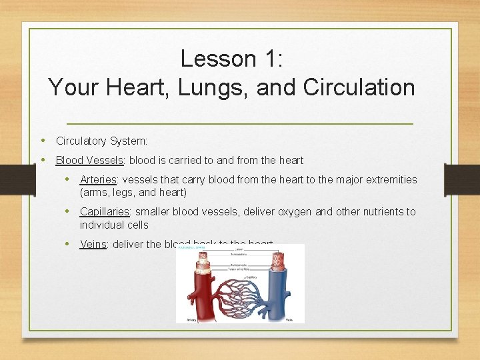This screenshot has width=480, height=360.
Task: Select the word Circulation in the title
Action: click(358, 87)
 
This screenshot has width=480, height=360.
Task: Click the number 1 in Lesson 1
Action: click(274, 59)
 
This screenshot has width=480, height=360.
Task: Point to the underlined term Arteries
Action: click(98, 179)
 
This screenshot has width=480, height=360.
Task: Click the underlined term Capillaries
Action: click(105, 211)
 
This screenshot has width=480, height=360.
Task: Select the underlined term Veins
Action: click(93, 244)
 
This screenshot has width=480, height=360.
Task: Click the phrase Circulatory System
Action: click(101, 141)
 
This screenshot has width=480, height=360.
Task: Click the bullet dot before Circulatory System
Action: click(43, 141)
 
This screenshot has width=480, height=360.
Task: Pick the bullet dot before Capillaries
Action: click(69, 211)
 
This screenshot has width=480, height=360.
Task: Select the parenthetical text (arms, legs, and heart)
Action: click(133, 193)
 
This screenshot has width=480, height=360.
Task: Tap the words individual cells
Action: click(114, 225)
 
